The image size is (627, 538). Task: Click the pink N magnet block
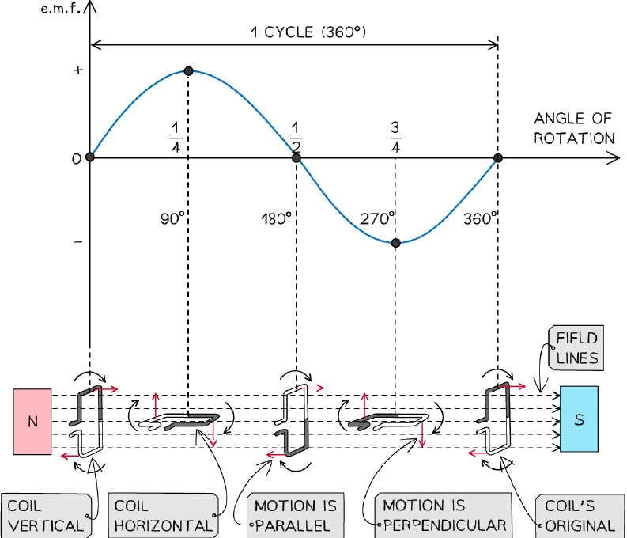pyautogui.click(x=32, y=422)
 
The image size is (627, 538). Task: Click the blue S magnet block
pyautogui.click(x=579, y=419)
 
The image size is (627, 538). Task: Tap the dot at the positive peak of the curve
pyautogui.click(x=189, y=71)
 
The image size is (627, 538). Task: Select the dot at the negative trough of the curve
pyautogui.click(x=396, y=243)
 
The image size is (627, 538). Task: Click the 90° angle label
pyautogui.click(x=172, y=219)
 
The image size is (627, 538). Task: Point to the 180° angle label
pyautogui.click(x=276, y=219)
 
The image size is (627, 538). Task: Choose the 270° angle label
pyautogui.click(x=377, y=219)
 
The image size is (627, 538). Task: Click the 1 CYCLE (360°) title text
pyautogui.click(x=308, y=32)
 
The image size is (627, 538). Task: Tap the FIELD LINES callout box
pyautogui.click(x=576, y=348)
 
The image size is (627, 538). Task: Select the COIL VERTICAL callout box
pyautogui.click(x=47, y=516)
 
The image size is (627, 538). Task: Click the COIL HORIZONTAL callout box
pyautogui.click(x=164, y=516)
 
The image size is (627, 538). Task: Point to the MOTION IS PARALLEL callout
pyautogui.click(x=296, y=516)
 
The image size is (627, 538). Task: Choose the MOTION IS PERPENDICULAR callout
pyautogui.click(x=444, y=516)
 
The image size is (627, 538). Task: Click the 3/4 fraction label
pyautogui.click(x=395, y=138)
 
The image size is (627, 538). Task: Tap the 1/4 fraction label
pyautogui.click(x=176, y=138)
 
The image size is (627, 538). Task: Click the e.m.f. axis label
pyautogui.click(x=61, y=9)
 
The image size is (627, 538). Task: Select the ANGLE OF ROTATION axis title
pyautogui.click(x=574, y=128)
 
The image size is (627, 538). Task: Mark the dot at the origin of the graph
pyautogui.click(x=90, y=157)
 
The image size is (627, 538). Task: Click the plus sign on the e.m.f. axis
pyautogui.click(x=78, y=70)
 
